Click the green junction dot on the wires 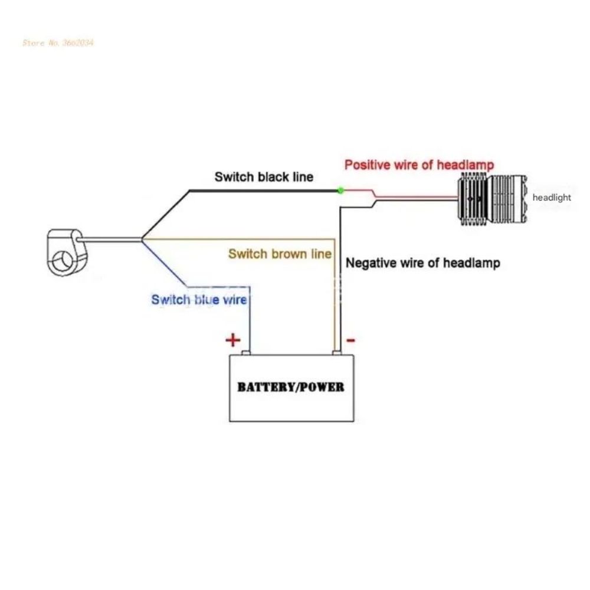340,191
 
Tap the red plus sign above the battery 233,340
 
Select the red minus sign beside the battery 350,340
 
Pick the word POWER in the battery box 323,387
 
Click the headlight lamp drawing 492,198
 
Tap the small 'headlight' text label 552,198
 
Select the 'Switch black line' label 264,177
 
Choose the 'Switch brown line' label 280,254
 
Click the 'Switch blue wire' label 199,300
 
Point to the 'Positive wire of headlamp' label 419,165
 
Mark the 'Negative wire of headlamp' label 423,263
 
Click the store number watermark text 58,42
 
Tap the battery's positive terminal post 245,353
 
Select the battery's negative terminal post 337,353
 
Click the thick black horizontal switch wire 264,191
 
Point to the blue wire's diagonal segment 165,263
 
